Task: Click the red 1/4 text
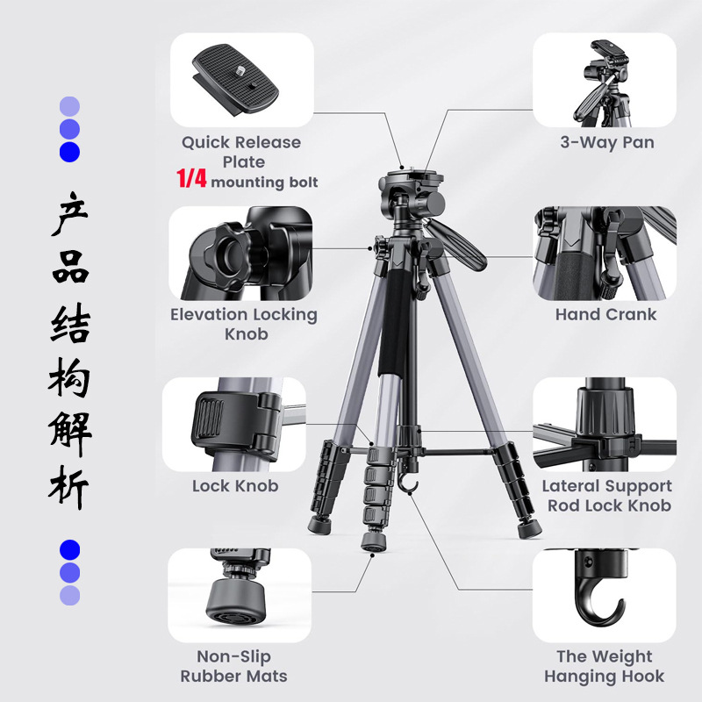[191, 178]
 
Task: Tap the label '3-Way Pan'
[607, 142]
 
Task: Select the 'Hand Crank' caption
[605, 314]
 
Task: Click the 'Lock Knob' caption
[235, 486]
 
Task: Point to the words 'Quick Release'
[241, 143]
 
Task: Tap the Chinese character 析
[68, 488]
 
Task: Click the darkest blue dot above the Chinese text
[70, 152]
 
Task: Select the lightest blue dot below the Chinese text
[70, 596]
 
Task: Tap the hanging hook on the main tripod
[408, 485]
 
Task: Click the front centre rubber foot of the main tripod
[374, 541]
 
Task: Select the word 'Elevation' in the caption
[208, 314]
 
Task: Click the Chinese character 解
[70, 433]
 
